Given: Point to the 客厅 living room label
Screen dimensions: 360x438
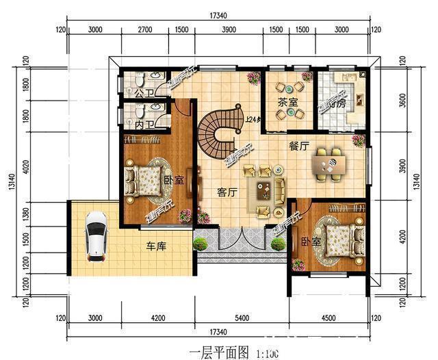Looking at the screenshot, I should pyautogui.click(x=227, y=192).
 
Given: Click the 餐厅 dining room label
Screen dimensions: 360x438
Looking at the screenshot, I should pyautogui.click(x=298, y=146).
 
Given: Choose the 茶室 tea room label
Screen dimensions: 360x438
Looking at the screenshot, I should pyautogui.click(x=287, y=103).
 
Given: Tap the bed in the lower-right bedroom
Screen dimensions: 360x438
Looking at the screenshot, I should pyautogui.click(x=337, y=239).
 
